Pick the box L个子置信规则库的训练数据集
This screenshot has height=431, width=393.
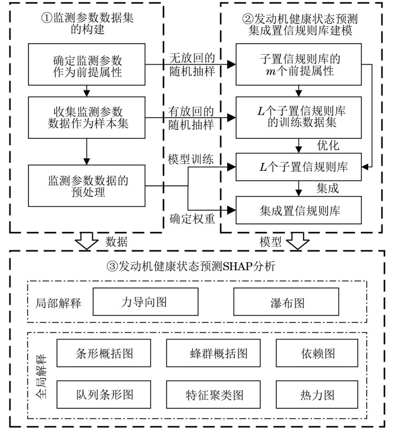[299, 118]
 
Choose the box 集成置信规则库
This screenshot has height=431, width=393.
[299, 211]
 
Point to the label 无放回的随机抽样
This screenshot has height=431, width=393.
[190, 65]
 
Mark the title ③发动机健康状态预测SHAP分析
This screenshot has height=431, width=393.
[196, 268]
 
